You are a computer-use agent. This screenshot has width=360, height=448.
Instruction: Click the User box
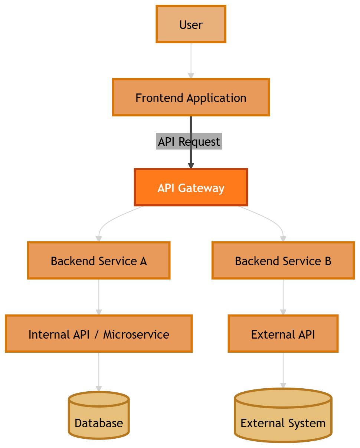pos(191,24)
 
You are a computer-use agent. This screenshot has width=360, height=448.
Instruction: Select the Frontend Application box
pos(191,98)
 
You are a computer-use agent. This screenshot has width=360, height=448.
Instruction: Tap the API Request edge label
pos(189,141)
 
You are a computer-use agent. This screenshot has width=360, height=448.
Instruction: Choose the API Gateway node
pos(191,188)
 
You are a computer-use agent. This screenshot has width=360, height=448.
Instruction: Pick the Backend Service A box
pos(99,261)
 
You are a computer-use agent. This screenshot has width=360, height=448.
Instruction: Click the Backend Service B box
pos(283,261)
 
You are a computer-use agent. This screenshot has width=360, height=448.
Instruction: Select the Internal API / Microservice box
pos(99,334)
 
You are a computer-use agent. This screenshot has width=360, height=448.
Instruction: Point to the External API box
pos(283,334)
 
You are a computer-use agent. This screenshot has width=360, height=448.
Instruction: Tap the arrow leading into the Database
pos(99,371)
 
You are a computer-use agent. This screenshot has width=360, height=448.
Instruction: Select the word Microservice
pos(136,335)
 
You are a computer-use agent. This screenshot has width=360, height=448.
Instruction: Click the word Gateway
pos(201,188)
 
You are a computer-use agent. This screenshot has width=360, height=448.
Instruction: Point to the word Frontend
pos(160,98)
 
